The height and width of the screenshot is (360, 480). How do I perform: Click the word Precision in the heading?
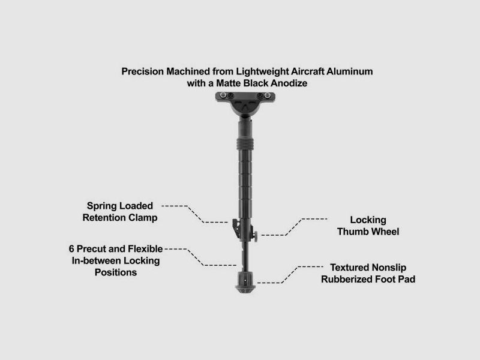(142, 71)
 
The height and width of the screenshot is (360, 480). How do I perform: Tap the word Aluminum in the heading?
(350, 71)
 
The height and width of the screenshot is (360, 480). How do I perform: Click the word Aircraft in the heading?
(307, 71)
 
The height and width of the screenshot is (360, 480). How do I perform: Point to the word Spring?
(102, 206)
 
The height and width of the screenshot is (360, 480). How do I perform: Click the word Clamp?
(143, 218)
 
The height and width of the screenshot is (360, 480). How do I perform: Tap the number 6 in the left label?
(71, 248)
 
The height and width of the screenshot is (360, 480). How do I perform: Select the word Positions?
(116, 272)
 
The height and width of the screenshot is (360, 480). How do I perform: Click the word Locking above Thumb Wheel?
(368, 220)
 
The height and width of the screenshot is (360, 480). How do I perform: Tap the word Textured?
(350, 267)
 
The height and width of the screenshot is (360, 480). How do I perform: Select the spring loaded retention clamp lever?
(236, 229)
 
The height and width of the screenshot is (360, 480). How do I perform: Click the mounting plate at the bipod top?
(245, 97)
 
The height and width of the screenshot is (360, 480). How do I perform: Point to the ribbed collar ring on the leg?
(245, 144)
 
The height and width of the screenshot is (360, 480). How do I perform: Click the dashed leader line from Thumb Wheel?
(294, 227)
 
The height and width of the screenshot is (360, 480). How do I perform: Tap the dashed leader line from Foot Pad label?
(290, 275)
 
